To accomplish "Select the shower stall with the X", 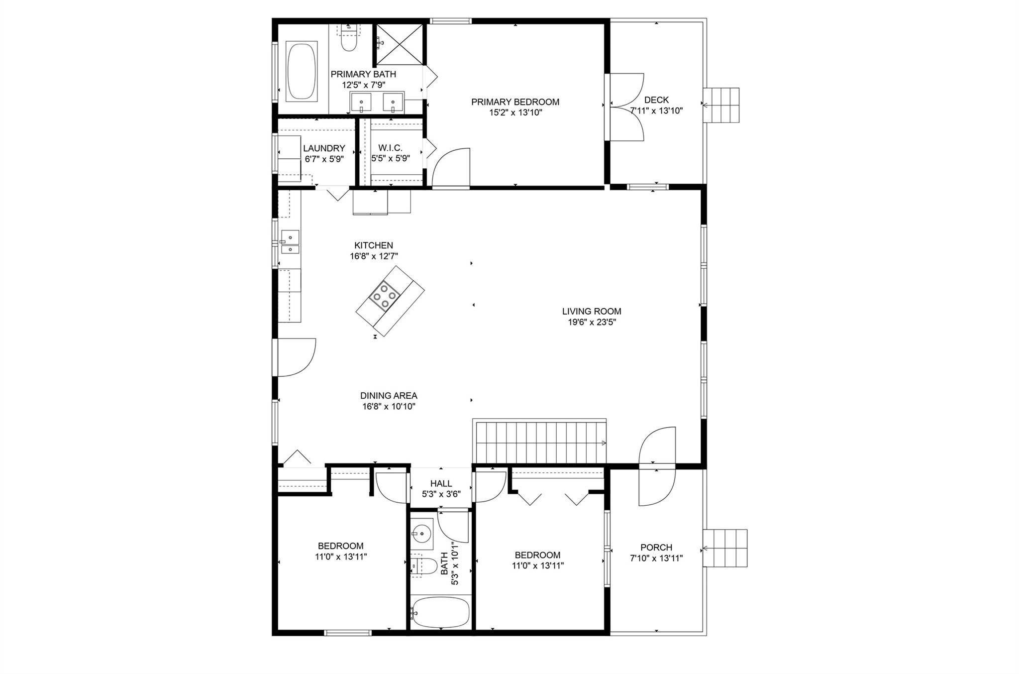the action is coord(400,44).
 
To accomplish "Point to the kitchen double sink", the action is coord(290,242).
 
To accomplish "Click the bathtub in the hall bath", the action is coord(441,613).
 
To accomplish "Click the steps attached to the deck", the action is coord(721,105).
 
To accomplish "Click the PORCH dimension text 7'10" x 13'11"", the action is coord(656,558).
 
